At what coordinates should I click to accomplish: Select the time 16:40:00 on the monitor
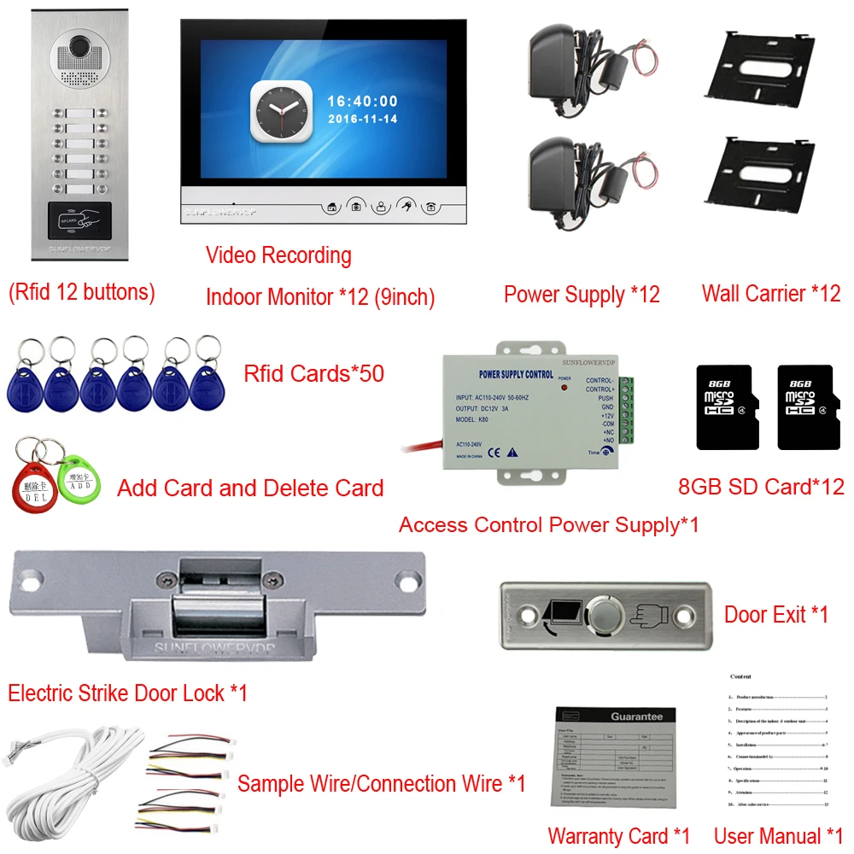[362, 102]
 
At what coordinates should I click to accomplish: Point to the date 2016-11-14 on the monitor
[362, 120]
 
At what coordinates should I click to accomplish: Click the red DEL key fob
[31, 486]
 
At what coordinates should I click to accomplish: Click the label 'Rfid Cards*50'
[313, 373]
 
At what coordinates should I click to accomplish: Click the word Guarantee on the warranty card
[636, 717]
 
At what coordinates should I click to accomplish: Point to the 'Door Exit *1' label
[775, 614]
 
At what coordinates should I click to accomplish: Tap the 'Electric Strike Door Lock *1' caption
[128, 693]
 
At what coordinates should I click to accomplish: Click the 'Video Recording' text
[278, 254]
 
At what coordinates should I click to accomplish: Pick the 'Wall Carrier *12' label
[770, 294]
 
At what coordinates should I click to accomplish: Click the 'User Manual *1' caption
[777, 836]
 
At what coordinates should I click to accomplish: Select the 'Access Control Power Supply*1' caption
[548, 524]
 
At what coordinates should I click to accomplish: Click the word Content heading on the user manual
[741, 676]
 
